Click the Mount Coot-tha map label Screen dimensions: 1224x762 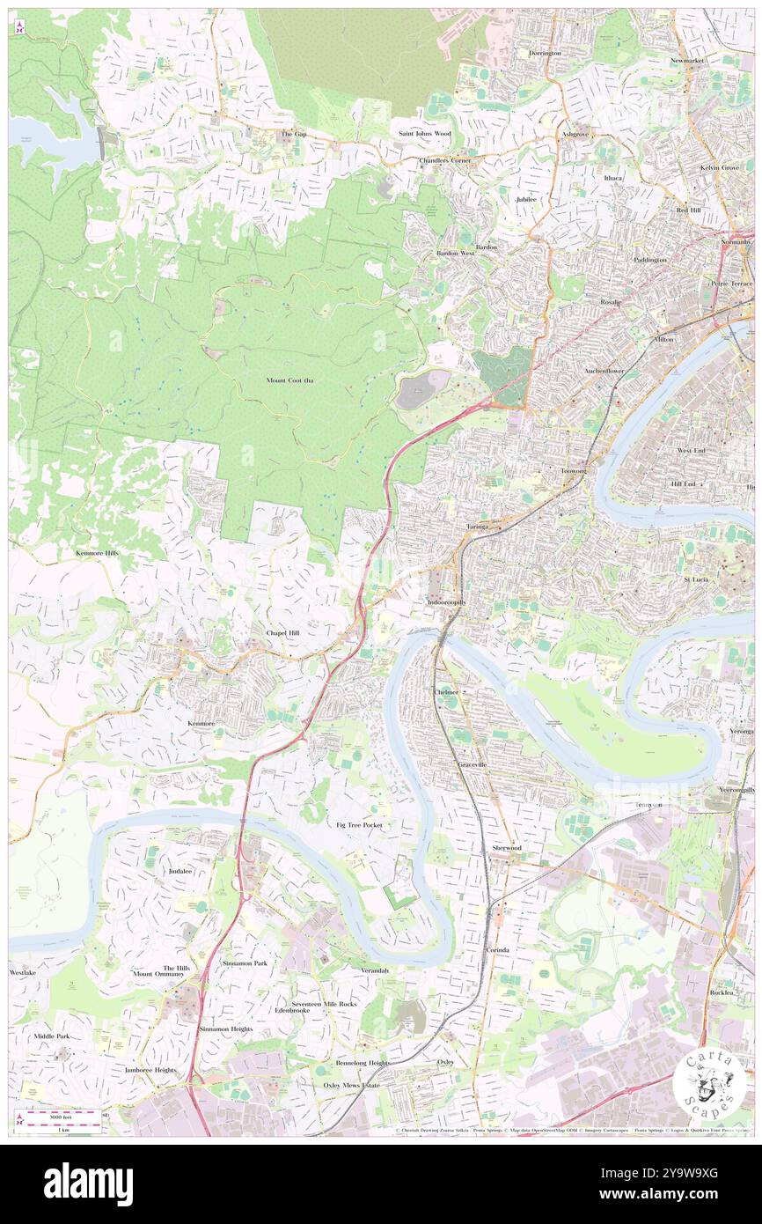click(289, 380)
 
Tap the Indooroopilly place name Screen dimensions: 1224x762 click(445, 601)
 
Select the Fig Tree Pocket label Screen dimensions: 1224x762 click(359, 824)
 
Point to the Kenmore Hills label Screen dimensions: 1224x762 click(97, 552)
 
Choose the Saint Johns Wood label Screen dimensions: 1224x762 click(424, 133)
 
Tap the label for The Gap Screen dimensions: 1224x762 click(293, 134)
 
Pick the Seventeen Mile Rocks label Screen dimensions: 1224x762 click(325, 1004)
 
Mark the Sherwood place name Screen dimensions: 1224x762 click(506, 847)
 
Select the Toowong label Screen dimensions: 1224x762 click(574, 471)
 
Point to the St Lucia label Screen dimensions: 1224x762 click(697, 579)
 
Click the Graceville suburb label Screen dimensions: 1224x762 click(473, 764)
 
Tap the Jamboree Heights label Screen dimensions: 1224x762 click(150, 1070)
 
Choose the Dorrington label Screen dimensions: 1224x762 click(545, 53)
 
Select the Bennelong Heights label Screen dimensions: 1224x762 click(362, 1063)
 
